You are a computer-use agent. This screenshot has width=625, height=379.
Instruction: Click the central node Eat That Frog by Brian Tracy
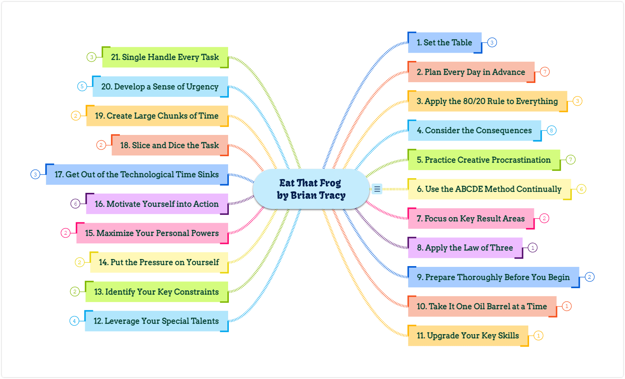(311, 189)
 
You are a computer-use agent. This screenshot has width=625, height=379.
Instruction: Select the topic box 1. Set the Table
(445, 43)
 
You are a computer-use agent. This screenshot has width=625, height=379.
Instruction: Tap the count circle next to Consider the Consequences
(551, 130)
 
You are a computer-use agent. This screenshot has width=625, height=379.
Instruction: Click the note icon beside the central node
(377, 189)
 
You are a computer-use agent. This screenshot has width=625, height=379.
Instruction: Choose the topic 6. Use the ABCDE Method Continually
(489, 189)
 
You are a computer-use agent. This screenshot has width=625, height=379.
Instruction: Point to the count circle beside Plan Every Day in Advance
(545, 72)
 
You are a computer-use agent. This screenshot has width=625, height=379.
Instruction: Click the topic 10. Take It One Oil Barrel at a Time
(482, 306)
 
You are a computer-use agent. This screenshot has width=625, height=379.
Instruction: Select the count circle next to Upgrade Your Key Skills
(538, 335)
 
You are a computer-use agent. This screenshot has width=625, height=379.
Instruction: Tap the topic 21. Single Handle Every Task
(165, 57)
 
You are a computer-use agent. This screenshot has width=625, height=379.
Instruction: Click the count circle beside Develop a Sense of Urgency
(82, 86)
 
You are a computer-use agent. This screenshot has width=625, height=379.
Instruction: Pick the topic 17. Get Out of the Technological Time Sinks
(137, 175)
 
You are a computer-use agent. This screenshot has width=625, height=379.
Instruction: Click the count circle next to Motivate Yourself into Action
(75, 204)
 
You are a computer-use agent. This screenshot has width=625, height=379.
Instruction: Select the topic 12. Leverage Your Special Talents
(156, 321)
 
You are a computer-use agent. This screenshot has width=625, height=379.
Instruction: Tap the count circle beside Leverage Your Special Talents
(74, 321)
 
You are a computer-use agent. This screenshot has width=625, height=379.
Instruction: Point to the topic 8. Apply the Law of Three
(465, 248)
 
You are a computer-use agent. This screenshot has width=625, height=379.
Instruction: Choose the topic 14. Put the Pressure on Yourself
(159, 262)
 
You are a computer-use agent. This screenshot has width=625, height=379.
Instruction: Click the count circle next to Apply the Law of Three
(533, 248)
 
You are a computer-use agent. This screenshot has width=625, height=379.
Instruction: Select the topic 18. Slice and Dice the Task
(170, 145)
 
